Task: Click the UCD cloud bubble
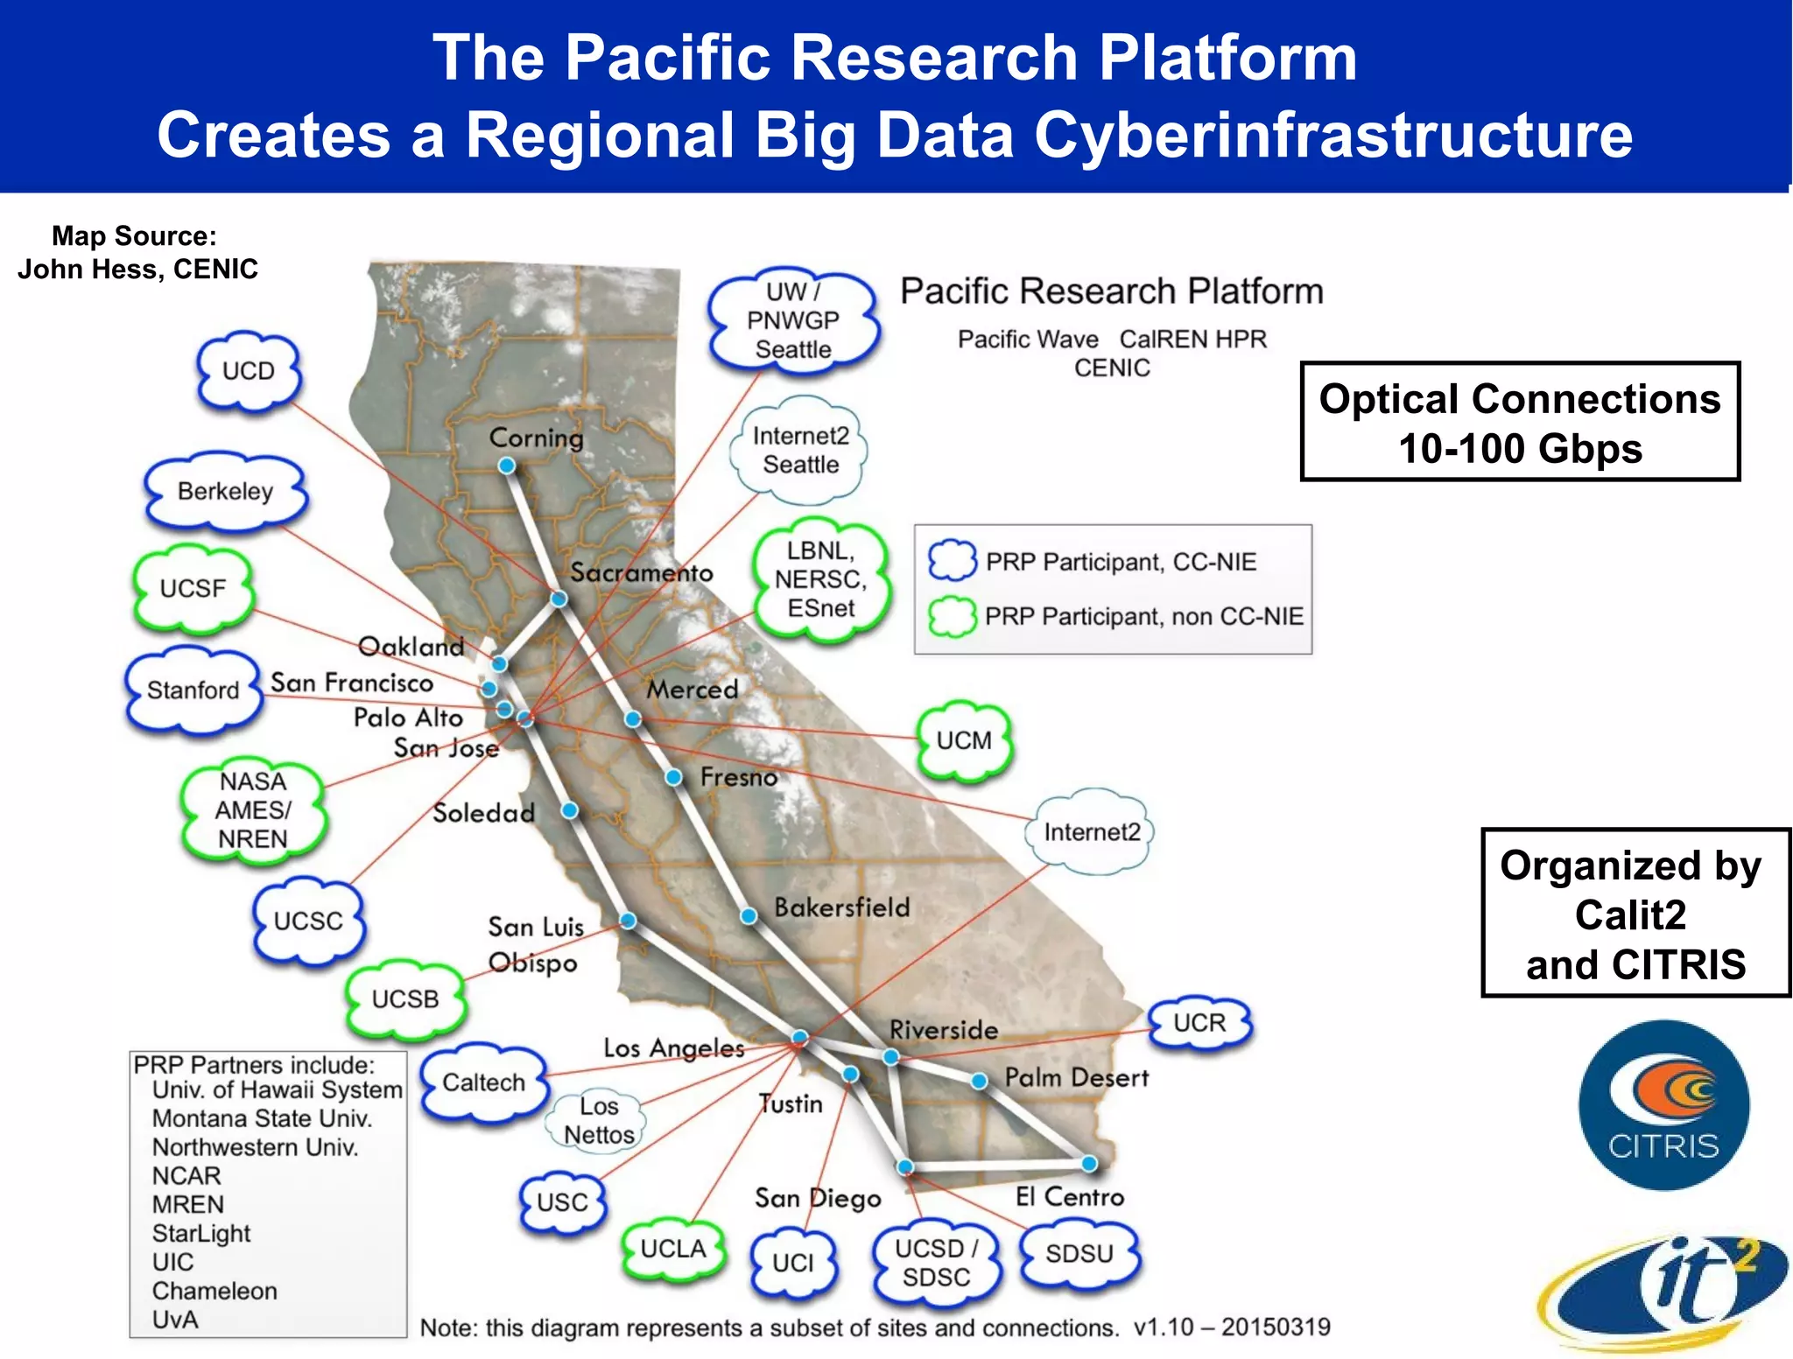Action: (249, 371)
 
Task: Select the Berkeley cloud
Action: (226, 491)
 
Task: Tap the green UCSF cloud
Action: (193, 588)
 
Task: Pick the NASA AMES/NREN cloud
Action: (253, 810)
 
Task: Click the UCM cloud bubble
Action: (964, 740)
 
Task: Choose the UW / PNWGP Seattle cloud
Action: (793, 320)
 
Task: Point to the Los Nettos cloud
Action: (598, 1120)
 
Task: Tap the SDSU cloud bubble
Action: (1079, 1253)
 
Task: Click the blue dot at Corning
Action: (506, 466)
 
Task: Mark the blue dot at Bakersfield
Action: (749, 916)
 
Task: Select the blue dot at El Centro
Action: (1089, 1164)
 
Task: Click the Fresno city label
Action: (739, 777)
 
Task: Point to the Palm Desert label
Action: (1076, 1077)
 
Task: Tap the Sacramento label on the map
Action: (642, 573)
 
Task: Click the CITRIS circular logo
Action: (1663, 1105)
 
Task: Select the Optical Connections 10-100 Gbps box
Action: (1520, 422)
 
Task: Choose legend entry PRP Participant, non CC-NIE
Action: (1143, 617)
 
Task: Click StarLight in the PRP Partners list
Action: (201, 1233)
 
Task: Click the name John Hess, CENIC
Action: (137, 269)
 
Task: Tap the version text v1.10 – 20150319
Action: (1232, 1327)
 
